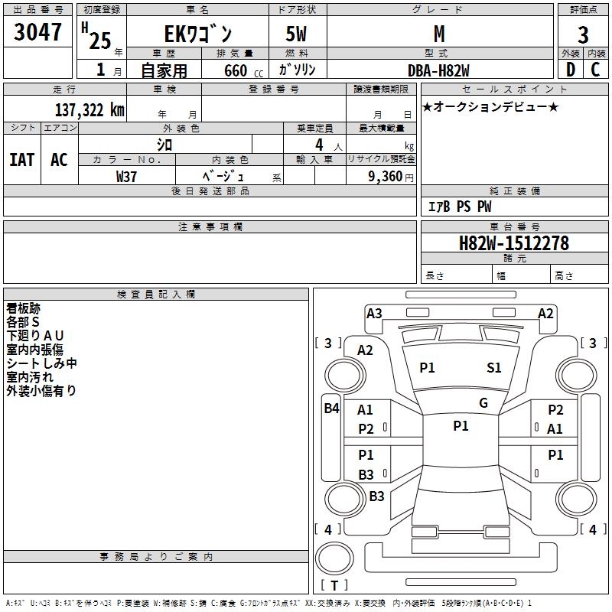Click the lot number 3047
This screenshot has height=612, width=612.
click(x=38, y=32)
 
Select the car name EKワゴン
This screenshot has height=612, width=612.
click(x=198, y=34)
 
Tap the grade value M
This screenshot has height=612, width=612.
click(x=438, y=34)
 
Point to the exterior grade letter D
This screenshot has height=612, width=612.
click(x=570, y=70)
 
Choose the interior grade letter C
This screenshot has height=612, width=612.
click(x=595, y=70)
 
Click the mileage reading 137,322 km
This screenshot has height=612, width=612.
click(x=90, y=109)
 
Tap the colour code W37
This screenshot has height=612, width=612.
click(x=127, y=176)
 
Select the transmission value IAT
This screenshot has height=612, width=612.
click(x=22, y=159)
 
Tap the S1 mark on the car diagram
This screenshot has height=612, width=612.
click(x=494, y=368)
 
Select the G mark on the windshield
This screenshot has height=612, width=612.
click(x=483, y=403)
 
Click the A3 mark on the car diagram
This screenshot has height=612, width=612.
click(x=374, y=313)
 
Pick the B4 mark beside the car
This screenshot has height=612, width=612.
click(x=331, y=409)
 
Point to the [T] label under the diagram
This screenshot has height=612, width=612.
click(x=334, y=586)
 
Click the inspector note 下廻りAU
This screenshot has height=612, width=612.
click(x=35, y=336)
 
